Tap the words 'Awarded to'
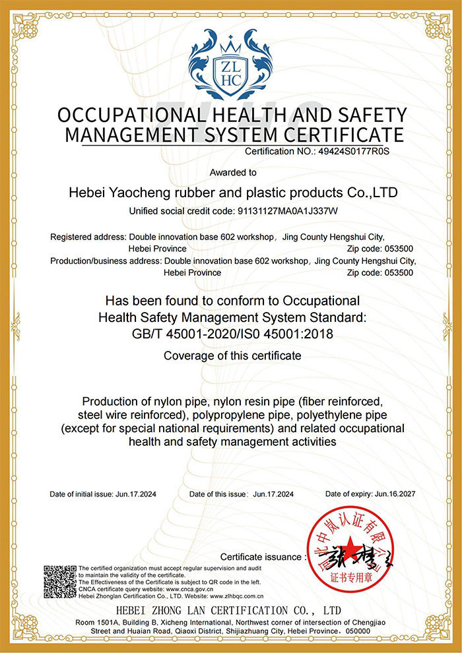pos(233,173)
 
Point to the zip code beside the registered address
pos(399,248)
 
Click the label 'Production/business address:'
pos(106,261)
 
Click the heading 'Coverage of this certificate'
pos(232,356)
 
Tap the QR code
pos(60,581)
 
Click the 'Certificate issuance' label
pos(263,557)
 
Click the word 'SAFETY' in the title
pos(368,115)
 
